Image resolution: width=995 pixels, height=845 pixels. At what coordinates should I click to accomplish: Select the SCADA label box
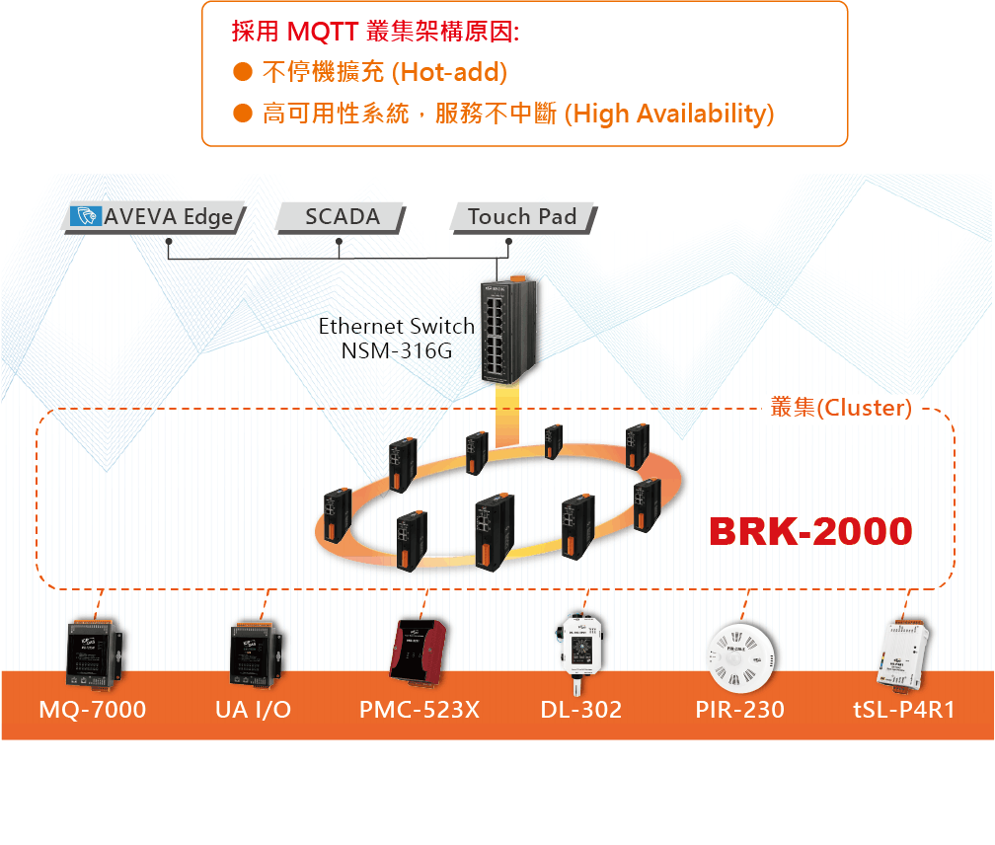[x=342, y=217]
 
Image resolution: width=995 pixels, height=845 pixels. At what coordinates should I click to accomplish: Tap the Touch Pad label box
[x=522, y=217]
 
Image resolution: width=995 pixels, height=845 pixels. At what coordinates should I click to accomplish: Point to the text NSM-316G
[x=397, y=349]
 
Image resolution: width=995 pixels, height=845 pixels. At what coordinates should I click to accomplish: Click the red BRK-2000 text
[x=810, y=531]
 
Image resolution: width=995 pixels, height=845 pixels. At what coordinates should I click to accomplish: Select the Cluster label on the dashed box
[x=841, y=408]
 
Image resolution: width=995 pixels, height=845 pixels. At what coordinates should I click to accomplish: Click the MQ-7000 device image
[x=94, y=653]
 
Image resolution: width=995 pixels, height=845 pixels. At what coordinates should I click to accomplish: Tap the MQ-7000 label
[x=93, y=709]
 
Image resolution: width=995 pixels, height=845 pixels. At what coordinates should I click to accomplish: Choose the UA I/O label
[x=254, y=709]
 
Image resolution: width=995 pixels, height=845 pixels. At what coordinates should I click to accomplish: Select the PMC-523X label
[x=420, y=709]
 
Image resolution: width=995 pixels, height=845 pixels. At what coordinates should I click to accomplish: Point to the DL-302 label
[x=581, y=709]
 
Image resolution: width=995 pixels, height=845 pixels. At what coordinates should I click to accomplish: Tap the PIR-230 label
[x=739, y=709]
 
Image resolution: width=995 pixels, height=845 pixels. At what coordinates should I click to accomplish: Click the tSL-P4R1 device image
[x=902, y=653]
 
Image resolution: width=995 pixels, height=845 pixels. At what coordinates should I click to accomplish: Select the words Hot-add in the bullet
[x=450, y=72]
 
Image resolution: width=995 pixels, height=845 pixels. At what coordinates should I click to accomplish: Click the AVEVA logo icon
[x=85, y=217]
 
